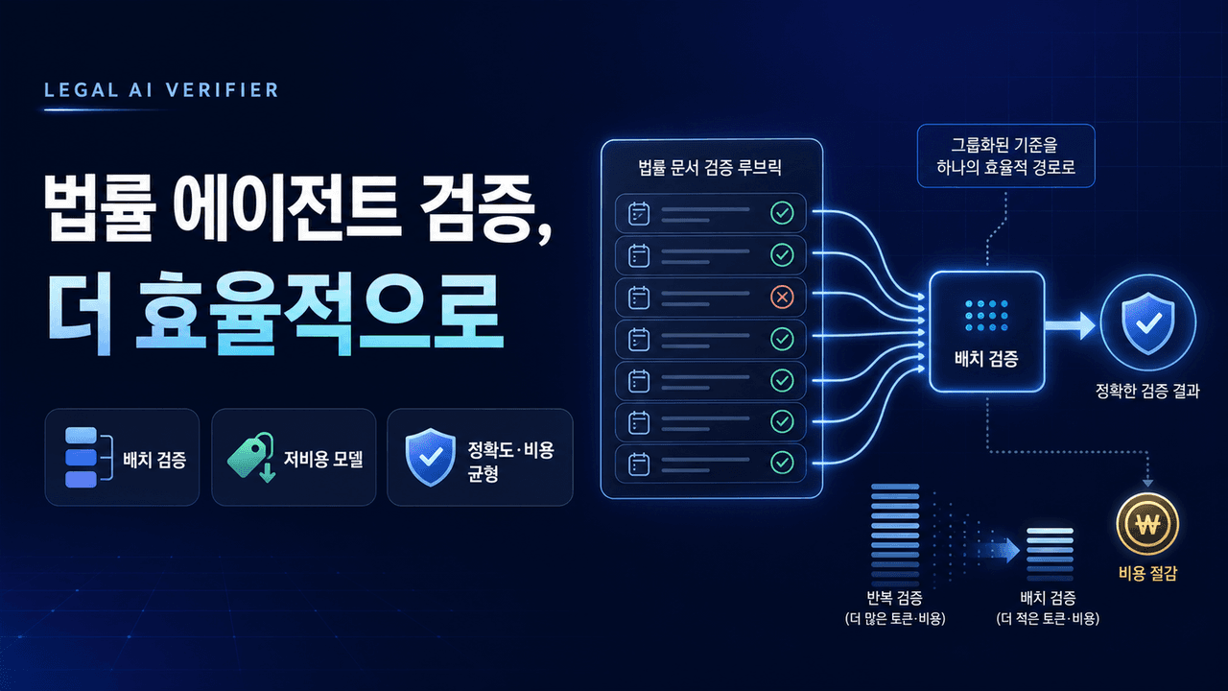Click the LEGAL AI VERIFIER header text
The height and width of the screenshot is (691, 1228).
tap(161, 90)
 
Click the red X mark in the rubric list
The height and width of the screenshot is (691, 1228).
tap(782, 298)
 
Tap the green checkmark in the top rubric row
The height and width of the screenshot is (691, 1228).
tap(782, 213)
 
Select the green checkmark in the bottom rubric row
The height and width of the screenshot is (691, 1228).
tap(782, 463)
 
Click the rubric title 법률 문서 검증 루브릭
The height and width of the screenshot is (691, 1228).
tap(710, 167)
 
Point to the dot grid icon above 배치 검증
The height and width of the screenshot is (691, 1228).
tap(986, 316)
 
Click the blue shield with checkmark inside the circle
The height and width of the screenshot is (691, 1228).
tap(1148, 323)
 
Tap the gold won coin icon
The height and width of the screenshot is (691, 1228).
tap(1147, 524)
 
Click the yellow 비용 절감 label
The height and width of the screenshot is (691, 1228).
tap(1147, 574)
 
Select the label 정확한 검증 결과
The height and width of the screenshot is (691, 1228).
tap(1147, 391)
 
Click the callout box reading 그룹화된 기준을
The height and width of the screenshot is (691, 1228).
tap(1006, 155)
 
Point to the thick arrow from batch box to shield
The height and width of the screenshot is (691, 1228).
tap(1070, 325)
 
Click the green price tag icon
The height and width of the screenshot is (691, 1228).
tap(251, 457)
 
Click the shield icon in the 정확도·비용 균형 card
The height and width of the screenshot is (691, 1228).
tap(431, 457)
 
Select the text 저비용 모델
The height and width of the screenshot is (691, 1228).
tap(323, 459)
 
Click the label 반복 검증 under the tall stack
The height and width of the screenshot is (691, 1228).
tap(895, 597)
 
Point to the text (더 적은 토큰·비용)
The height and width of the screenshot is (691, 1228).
tap(1048, 619)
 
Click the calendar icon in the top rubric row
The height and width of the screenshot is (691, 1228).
tap(639, 213)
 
